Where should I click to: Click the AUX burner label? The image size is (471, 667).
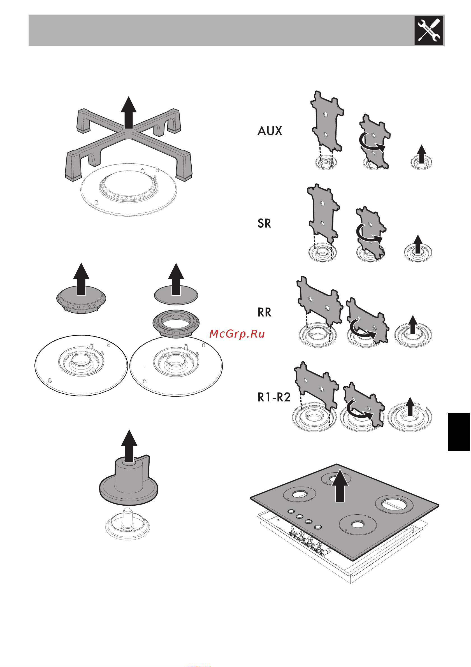(x=270, y=131)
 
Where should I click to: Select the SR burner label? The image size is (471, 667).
(x=264, y=223)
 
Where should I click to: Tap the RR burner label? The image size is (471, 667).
(x=264, y=312)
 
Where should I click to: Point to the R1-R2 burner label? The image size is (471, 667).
(x=274, y=397)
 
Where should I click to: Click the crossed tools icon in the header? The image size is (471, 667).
(x=429, y=31)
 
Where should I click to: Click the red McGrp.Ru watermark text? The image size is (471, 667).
(x=237, y=334)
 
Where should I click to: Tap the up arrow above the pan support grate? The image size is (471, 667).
(x=129, y=112)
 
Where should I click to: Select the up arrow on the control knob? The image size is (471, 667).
(x=129, y=446)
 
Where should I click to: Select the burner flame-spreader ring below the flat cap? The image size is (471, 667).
(x=176, y=324)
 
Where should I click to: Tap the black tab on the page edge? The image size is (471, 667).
(x=459, y=431)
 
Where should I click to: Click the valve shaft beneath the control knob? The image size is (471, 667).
(x=127, y=517)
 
